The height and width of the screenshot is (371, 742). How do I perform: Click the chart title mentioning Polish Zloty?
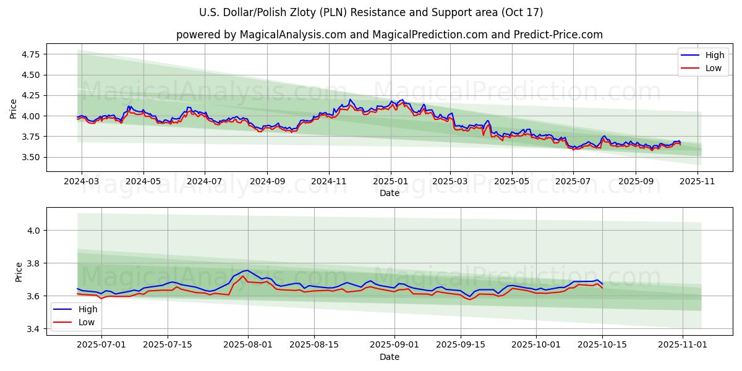[x=371, y=12]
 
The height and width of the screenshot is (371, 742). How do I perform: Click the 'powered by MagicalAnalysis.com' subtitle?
[x=390, y=35]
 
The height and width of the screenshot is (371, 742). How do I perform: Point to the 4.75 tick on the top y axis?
[x=30, y=54]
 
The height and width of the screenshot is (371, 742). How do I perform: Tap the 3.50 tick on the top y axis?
[x=30, y=157]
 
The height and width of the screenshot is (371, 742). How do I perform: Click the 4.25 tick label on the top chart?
[x=30, y=96]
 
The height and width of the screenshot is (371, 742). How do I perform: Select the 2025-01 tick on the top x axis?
[x=390, y=182]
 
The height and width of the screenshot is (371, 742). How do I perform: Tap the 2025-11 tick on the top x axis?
[x=697, y=182]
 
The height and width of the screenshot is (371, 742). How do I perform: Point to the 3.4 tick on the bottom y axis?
[x=33, y=329]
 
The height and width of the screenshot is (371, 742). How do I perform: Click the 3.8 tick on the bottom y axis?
[x=33, y=263]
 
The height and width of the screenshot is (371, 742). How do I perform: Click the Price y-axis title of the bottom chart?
[x=19, y=272]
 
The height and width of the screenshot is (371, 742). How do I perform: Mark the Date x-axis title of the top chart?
[x=390, y=193]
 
